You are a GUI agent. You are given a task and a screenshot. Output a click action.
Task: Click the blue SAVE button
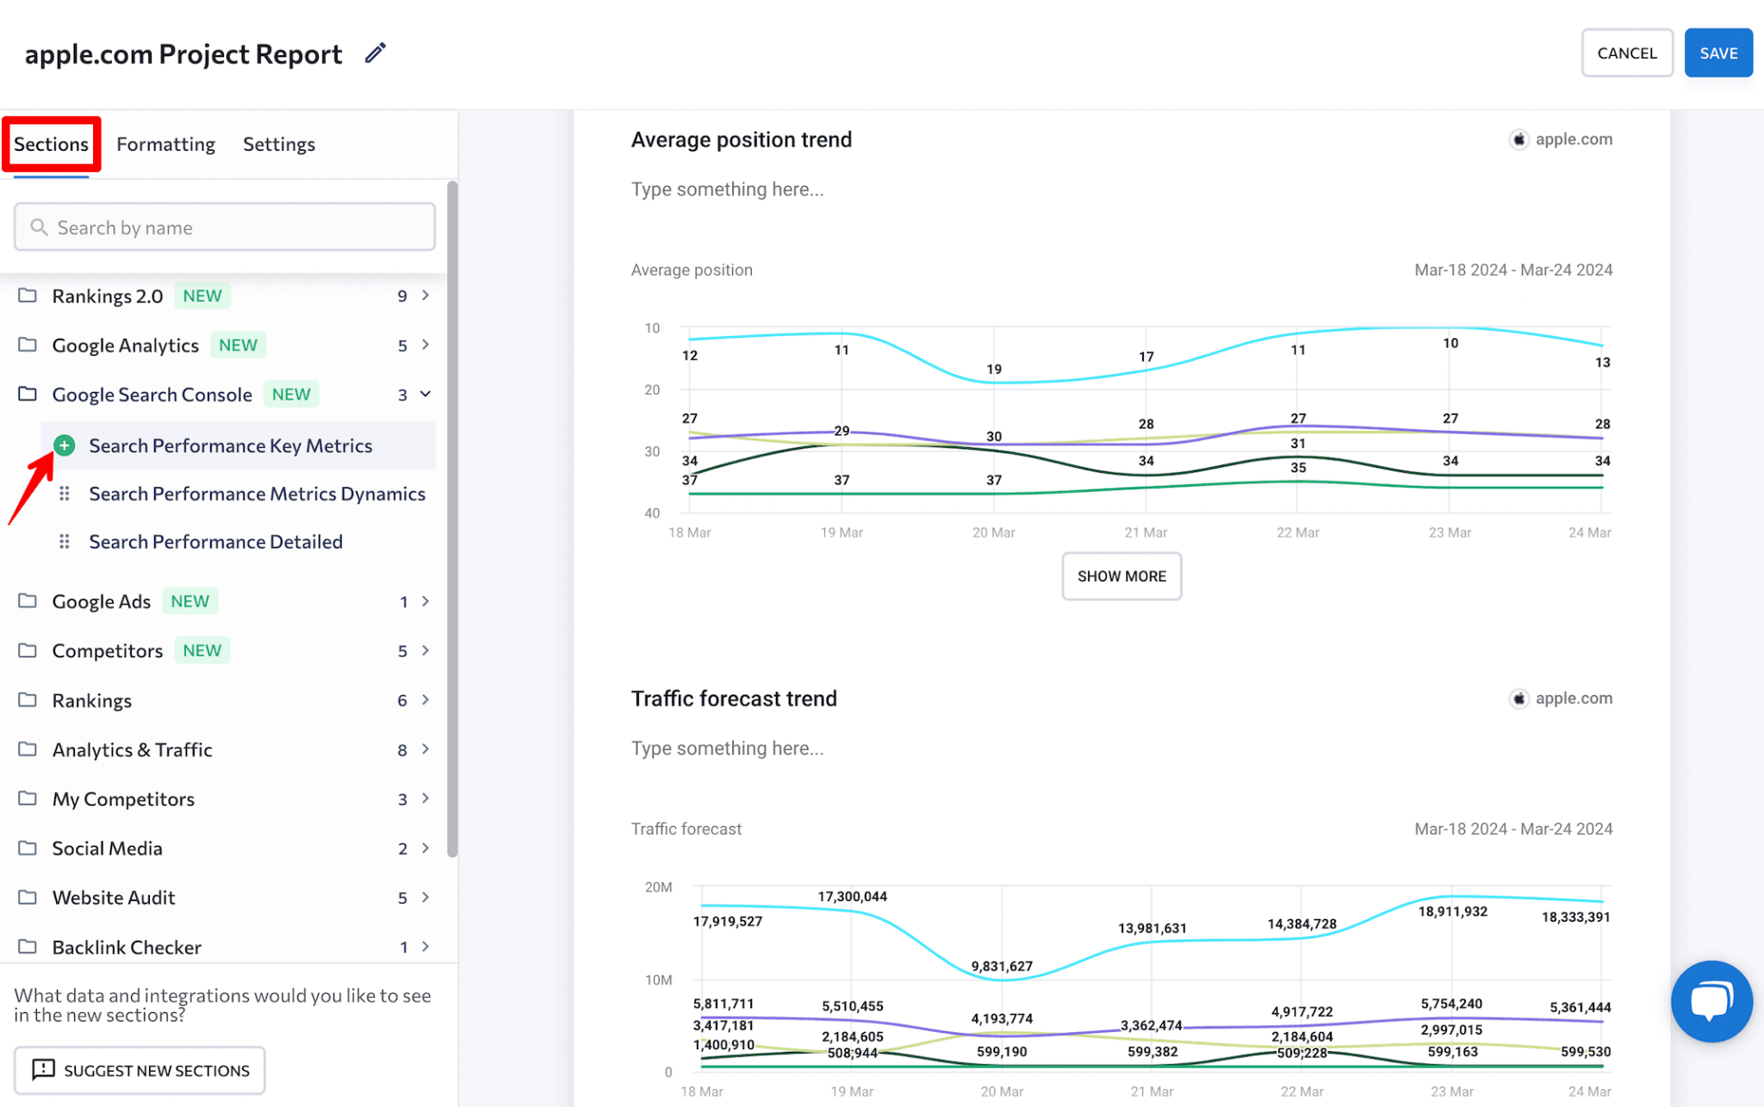click(x=1717, y=53)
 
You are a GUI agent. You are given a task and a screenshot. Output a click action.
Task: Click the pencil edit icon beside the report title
click(x=375, y=53)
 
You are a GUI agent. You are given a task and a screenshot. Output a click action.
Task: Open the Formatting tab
click(x=165, y=144)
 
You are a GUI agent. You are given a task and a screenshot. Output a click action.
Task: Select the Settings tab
click(x=278, y=144)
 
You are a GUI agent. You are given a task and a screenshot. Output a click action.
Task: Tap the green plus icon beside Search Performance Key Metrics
click(x=64, y=445)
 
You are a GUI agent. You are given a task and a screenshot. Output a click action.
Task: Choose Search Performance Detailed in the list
click(x=215, y=542)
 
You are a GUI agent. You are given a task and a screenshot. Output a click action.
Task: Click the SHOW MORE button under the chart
click(x=1121, y=576)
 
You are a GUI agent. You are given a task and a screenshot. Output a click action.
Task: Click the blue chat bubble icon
click(x=1711, y=1001)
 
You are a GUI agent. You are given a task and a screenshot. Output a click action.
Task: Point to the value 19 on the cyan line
click(x=994, y=370)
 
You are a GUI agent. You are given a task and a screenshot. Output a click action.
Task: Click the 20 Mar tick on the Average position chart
click(x=993, y=533)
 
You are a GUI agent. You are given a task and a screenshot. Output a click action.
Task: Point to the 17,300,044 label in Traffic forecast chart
click(x=852, y=897)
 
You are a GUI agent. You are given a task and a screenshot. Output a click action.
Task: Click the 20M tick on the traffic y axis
click(x=658, y=887)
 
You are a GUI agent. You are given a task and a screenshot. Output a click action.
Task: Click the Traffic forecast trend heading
click(x=733, y=699)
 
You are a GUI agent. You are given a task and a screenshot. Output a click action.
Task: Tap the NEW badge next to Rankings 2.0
click(x=202, y=296)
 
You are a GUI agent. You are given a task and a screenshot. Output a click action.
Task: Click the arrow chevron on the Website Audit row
click(x=425, y=898)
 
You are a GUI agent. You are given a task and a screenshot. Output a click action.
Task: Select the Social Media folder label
click(x=107, y=849)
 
